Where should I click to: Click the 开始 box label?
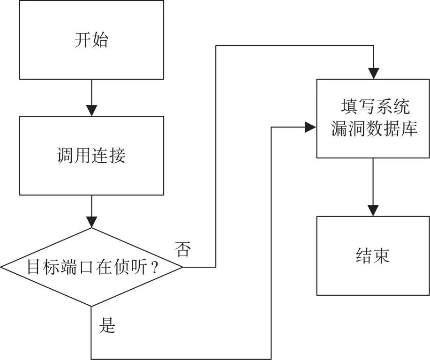[91, 40]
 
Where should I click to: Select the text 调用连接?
[91, 156]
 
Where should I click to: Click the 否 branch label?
[183, 249]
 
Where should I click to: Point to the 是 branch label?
[107, 325]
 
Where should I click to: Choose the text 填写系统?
[376, 107]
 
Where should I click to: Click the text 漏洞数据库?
[374, 128]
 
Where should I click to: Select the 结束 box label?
[373, 256]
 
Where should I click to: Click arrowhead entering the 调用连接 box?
[91, 111]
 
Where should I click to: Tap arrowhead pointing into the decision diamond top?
[91, 222]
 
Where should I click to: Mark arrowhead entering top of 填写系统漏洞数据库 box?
[374, 74]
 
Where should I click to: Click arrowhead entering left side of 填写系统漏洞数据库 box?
[311, 127]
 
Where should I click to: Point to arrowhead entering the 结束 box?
[373, 211]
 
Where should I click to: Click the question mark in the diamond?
[154, 267]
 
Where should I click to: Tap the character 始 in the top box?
[100, 40]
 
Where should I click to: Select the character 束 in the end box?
[381, 256]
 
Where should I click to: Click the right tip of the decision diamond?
[182, 267]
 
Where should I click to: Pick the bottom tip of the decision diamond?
[91, 306]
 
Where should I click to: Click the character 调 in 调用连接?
[66, 156]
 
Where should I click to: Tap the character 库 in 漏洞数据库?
[409, 128]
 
